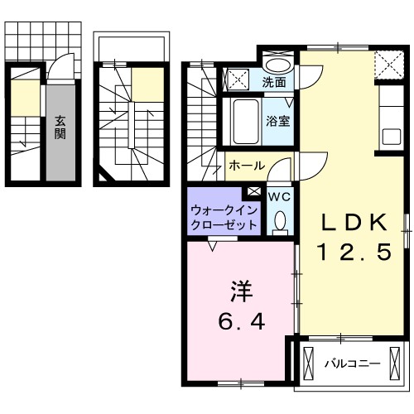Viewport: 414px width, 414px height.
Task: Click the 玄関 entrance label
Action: point(61,129)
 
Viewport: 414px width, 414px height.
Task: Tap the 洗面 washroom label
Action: point(275,82)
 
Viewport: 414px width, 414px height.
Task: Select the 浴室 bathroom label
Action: point(277,120)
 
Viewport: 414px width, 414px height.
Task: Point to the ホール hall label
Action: point(246,166)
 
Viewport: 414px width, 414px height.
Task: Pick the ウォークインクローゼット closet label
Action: point(222,218)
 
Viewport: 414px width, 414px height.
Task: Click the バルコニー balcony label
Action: point(352,363)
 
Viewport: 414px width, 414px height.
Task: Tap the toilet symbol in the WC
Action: point(279,221)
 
